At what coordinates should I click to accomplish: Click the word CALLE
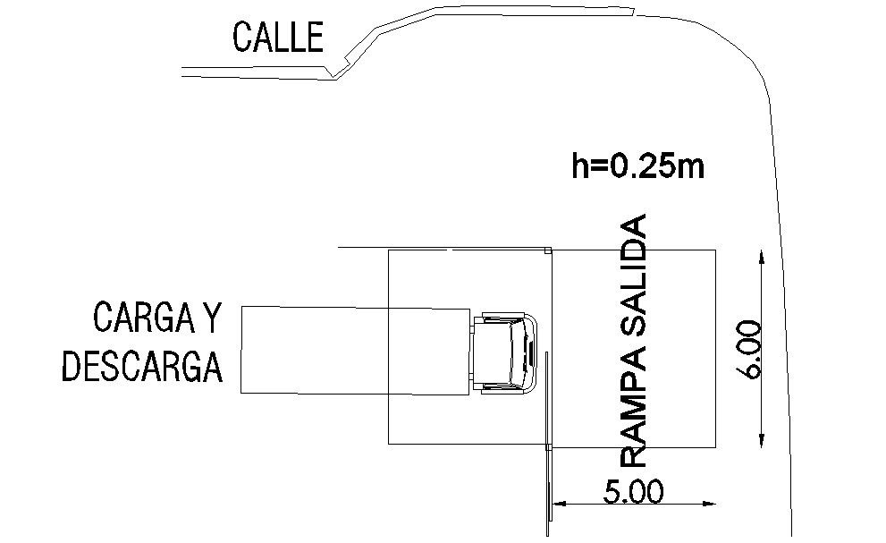click(x=277, y=38)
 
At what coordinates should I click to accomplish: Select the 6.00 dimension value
click(x=750, y=349)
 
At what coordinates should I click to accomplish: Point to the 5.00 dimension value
click(x=634, y=492)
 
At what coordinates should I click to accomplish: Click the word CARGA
click(x=145, y=317)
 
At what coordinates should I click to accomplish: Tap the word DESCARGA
click(x=141, y=366)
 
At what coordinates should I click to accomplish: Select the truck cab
click(x=505, y=352)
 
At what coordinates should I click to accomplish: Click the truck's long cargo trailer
click(x=356, y=350)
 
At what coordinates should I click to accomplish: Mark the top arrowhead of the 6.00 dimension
click(x=761, y=258)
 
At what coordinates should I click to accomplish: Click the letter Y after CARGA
click(x=212, y=317)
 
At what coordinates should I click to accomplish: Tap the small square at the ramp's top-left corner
click(x=548, y=251)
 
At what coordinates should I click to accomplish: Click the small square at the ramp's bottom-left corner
click(x=548, y=445)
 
